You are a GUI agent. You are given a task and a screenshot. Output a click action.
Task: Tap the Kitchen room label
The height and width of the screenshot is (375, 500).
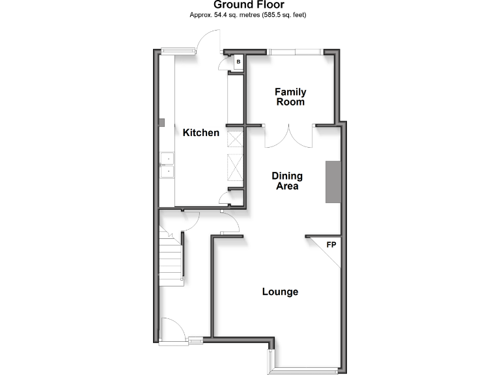click(201, 133)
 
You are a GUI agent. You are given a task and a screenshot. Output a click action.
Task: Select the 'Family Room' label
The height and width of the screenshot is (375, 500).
click(290, 97)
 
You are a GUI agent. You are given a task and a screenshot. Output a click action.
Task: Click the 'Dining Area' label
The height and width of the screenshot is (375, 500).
click(286, 181)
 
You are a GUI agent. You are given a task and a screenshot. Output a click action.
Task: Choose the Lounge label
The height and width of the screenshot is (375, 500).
click(280, 292)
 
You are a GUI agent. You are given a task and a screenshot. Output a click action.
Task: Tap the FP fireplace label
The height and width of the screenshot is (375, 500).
click(331, 245)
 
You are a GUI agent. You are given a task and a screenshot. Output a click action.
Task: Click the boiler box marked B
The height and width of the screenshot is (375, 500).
click(238, 62)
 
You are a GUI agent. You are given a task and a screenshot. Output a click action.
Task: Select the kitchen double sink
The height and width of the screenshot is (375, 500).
click(167, 165)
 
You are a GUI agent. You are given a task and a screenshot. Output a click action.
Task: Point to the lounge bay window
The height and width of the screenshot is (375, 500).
click(306, 370)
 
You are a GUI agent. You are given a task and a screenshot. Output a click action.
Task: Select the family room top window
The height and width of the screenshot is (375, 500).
click(295, 51)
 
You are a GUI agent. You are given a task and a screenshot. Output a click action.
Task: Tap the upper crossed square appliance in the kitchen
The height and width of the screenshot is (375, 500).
click(234, 139)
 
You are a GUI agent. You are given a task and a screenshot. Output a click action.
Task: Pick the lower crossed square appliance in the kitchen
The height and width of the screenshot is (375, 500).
click(234, 167)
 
